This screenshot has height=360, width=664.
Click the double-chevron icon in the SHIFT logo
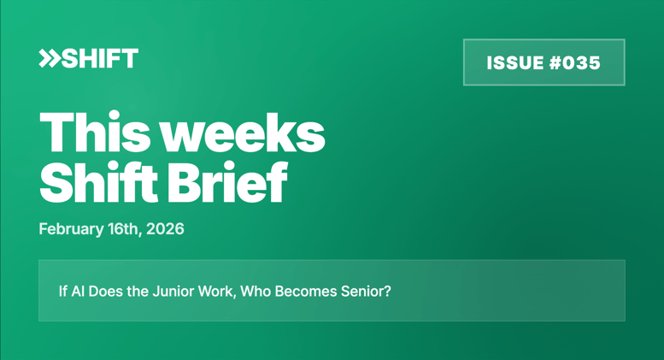click(49, 58)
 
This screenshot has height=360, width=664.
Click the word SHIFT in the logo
click(99, 58)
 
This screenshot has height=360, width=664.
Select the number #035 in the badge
click(575, 62)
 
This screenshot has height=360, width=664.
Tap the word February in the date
click(69, 229)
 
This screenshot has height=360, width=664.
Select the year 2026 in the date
click(166, 229)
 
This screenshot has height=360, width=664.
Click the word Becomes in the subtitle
click(304, 291)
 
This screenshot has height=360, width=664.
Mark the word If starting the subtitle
click(62, 291)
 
